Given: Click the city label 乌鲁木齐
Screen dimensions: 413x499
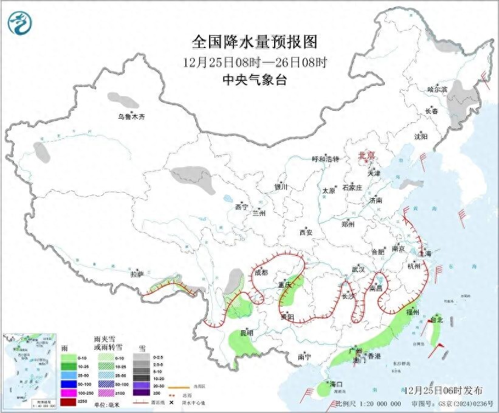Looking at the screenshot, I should point(132,117).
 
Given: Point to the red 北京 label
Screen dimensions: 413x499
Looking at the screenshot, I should point(368,155).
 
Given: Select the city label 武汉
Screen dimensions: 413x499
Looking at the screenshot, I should point(358,269).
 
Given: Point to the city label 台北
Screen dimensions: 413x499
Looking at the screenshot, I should point(436,319).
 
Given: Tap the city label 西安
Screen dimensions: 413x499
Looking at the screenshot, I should point(305,232).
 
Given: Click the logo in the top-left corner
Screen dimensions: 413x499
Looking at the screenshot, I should point(19,23).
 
